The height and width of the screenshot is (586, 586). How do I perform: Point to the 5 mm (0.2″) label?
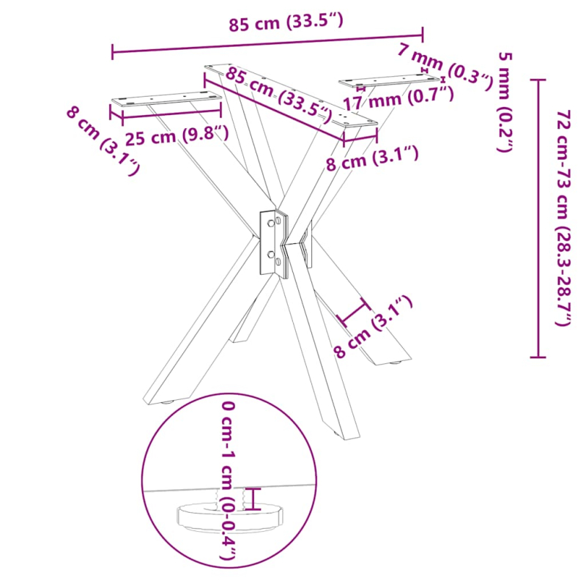pyautogui.click(x=505, y=103)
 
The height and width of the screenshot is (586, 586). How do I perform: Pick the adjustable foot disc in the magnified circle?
pyautogui.click(x=229, y=517)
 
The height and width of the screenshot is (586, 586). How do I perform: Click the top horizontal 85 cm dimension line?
pyautogui.click(x=267, y=42)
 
